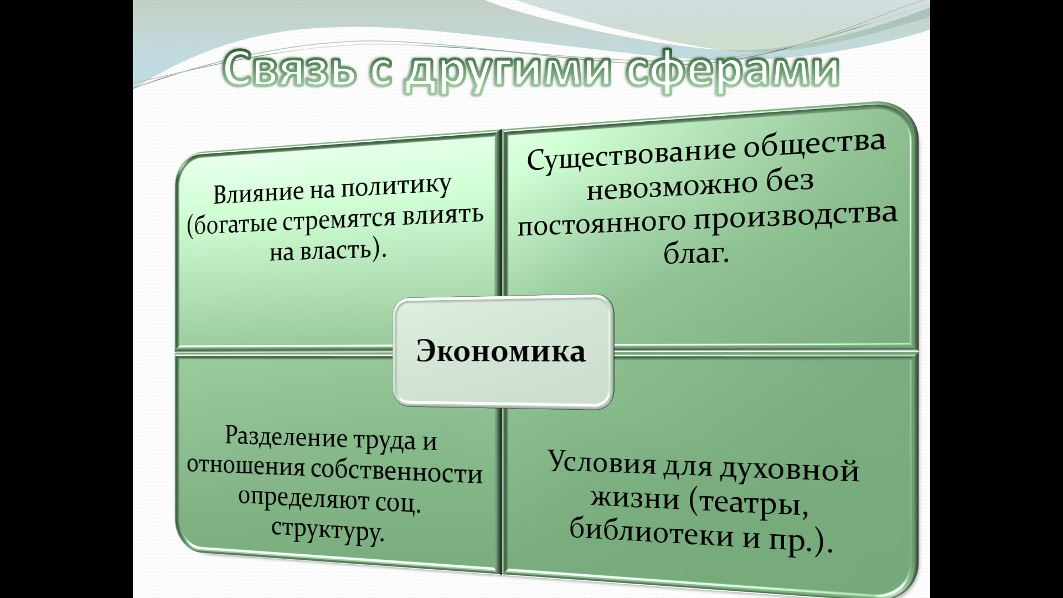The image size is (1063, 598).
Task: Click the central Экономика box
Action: point(503,352)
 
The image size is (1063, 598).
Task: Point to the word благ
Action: point(696,254)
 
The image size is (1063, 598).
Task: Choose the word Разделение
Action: point(286,437)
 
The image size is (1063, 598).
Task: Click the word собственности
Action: point(397,472)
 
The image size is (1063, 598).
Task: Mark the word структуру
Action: point(327,530)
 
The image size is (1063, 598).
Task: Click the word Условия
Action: point(602,461)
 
